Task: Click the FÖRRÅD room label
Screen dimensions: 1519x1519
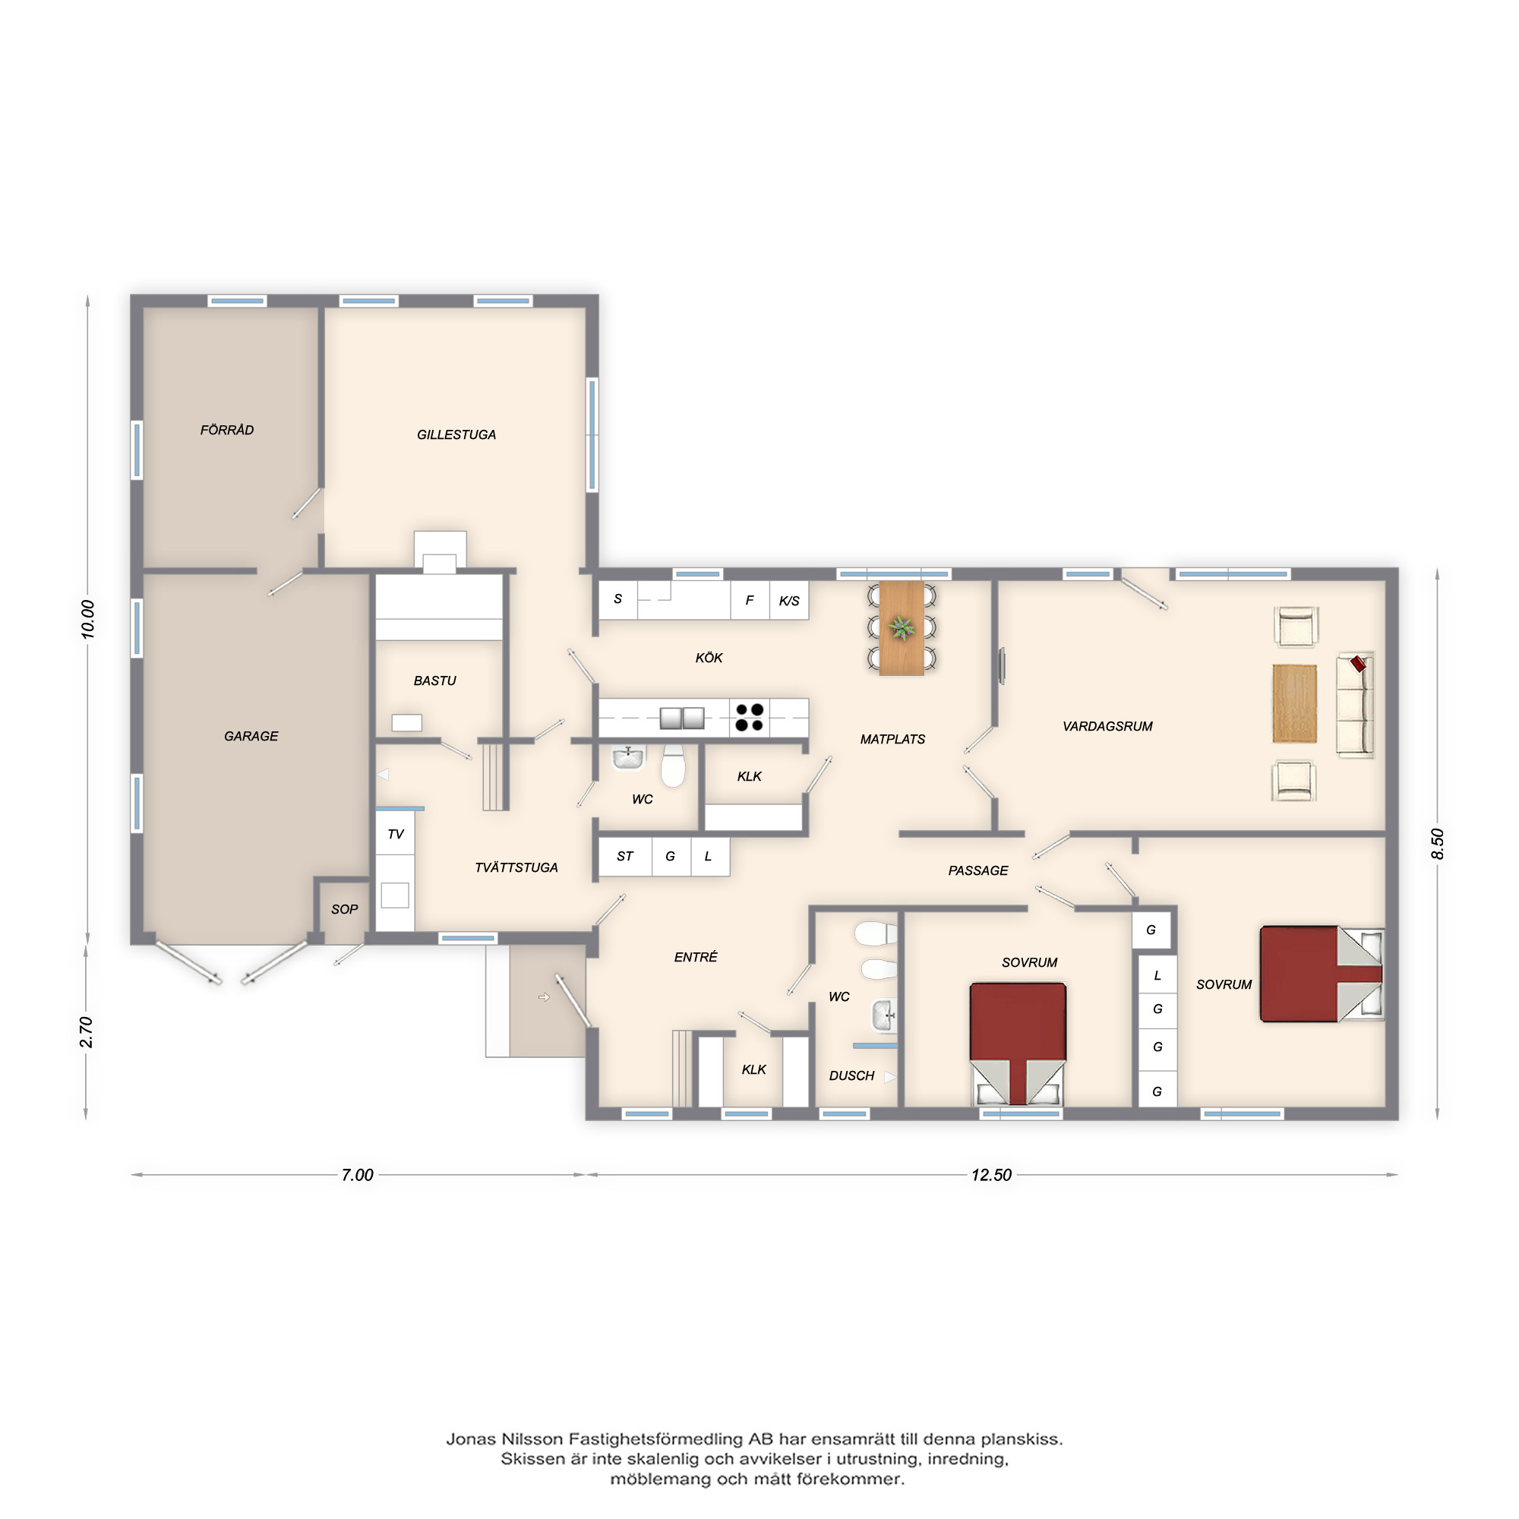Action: click(227, 430)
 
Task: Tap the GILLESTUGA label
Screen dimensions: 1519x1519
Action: click(456, 434)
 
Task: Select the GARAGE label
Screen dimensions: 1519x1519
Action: click(251, 737)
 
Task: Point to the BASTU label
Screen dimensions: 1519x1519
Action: click(434, 681)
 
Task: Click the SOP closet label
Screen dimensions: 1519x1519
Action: click(344, 910)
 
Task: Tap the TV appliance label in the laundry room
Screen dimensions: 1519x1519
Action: click(396, 834)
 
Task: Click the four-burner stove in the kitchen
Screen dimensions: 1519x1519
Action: click(750, 718)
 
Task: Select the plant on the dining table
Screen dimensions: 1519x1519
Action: click(902, 628)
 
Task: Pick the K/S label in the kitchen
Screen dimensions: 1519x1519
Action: click(789, 602)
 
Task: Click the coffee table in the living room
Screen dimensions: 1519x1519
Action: click(1295, 704)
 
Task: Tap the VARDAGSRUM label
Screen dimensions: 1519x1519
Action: click(1108, 727)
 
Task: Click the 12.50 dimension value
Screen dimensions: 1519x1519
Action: click(991, 1176)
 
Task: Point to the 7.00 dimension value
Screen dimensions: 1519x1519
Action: click(357, 1176)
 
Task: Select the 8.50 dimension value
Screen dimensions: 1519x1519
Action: click(1438, 844)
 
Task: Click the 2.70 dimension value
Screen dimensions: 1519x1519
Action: click(87, 1032)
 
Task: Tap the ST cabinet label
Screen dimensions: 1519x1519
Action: click(625, 857)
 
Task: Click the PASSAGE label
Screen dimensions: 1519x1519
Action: click(978, 871)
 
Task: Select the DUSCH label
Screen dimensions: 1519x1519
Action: click(851, 1076)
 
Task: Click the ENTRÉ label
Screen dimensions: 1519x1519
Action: click(696, 958)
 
